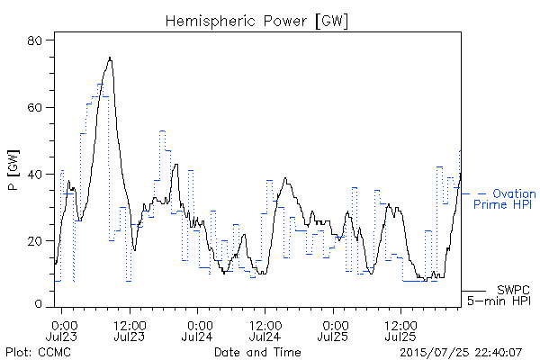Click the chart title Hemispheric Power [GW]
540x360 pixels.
point(256,21)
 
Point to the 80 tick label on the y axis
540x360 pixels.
point(34,40)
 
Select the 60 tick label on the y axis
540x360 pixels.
point(34,107)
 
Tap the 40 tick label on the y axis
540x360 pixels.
point(34,175)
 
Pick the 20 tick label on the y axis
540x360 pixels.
point(34,241)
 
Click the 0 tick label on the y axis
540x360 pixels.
point(38,303)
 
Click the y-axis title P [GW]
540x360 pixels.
point(13,170)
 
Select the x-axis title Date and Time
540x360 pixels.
point(257,352)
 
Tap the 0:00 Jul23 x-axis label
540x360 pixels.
point(62,331)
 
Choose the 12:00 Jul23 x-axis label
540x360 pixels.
point(130,331)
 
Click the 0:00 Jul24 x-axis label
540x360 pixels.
point(197,331)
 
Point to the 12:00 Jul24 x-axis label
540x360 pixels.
point(265,331)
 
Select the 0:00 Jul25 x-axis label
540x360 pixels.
point(333,331)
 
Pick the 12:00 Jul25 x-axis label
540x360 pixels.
point(400,331)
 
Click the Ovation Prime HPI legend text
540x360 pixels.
point(505,199)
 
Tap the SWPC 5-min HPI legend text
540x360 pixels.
point(499,295)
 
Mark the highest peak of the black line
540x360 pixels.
point(110,58)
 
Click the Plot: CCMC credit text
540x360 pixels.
point(38,352)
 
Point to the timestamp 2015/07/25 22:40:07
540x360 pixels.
point(461,353)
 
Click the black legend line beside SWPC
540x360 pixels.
point(473,291)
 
